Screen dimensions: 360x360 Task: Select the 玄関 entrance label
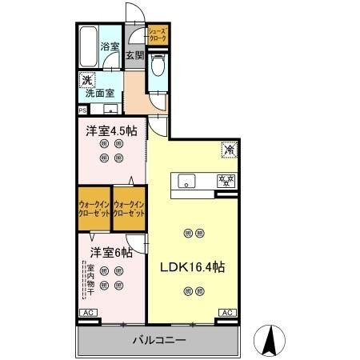coord(134,56)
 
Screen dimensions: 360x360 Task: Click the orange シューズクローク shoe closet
coord(156,35)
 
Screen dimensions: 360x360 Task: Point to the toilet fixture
coord(157,69)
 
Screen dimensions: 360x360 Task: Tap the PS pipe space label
coord(82,110)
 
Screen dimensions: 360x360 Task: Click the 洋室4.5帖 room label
coord(110,130)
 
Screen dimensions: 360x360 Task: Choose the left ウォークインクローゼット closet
coord(94,210)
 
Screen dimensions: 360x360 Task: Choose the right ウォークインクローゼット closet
coord(129,210)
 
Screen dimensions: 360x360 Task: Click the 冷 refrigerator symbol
coord(227,148)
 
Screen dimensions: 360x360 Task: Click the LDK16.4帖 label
coord(193,268)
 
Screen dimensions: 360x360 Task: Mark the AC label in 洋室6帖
coord(87,312)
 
